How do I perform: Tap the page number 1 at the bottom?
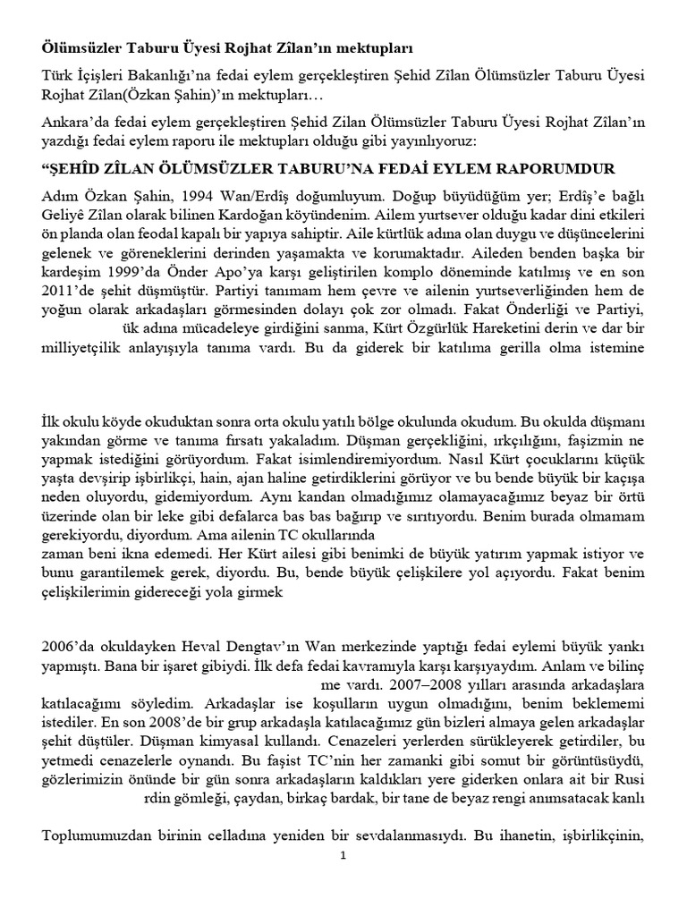coord(343,855)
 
